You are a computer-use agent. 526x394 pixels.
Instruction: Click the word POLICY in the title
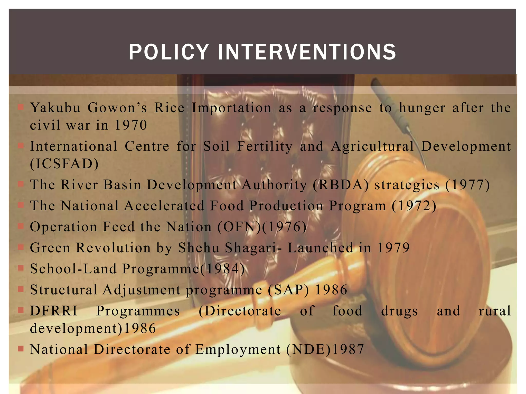pyautogui.click(x=169, y=52)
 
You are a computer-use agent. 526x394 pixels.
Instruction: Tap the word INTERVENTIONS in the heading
pyautogui.click(x=307, y=52)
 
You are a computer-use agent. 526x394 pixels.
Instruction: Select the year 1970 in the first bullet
pyautogui.click(x=131, y=125)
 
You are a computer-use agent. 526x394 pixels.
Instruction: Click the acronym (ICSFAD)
pyautogui.click(x=64, y=164)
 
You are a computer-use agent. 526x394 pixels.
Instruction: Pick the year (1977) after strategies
pyautogui.click(x=467, y=185)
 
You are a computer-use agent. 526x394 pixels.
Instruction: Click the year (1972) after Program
pyautogui.click(x=414, y=206)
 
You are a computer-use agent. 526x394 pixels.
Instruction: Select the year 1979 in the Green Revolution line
pyautogui.click(x=393, y=248)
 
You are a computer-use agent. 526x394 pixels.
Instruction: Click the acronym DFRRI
pyautogui.click(x=54, y=311)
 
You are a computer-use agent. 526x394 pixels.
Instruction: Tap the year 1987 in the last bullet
pyautogui.click(x=348, y=350)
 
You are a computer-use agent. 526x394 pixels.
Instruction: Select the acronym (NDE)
pyautogui.click(x=308, y=350)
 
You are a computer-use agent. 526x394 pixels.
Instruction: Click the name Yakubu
pyautogui.click(x=55, y=108)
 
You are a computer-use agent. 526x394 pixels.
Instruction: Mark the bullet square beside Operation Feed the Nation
pyautogui.click(x=21, y=226)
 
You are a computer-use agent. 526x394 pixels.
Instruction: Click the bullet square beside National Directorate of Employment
pyautogui.click(x=21, y=349)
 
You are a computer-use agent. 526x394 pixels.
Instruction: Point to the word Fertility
pyautogui.click(x=265, y=146)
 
